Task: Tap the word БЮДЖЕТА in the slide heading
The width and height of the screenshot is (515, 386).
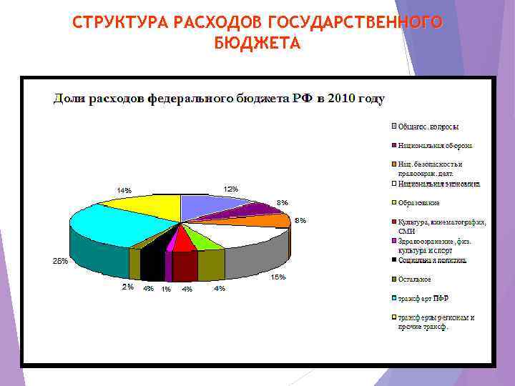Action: (x=257, y=43)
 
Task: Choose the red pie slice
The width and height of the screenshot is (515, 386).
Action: (x=184, y=240)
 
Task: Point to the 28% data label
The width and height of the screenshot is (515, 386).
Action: (x=60, y=261)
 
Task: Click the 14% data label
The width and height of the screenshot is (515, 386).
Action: (x=124, y=190)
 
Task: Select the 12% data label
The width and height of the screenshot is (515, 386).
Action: (x=230, y=189)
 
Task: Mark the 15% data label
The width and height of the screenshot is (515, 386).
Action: (x=278, y=277)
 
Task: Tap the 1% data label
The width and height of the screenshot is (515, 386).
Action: (x=166, y=289)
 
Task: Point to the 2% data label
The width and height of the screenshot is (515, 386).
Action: (x=128, y=287)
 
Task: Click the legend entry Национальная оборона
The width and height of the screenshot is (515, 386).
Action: (x=435, y=146)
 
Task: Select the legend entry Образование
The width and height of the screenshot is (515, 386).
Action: (x=419, y=203)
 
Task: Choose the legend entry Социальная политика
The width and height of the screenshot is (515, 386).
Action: (x=433, y=260)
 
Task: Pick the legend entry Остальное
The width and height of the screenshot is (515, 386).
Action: (x=415, y=279)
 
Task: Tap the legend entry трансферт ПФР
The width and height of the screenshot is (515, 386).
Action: (x=424, y=298)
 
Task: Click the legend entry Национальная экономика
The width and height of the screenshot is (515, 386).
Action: (x=438, y=184)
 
